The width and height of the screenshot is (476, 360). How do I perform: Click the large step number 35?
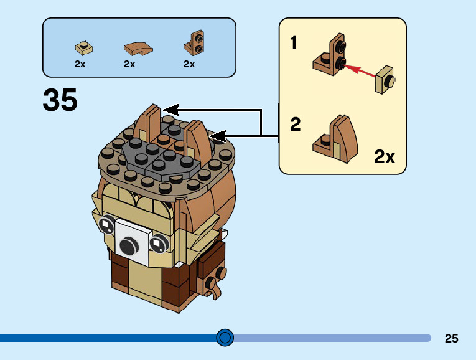[x=60, y=100]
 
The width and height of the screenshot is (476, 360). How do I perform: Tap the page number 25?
[x=452, y=338]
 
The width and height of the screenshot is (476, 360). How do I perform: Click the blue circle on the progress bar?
[x=225, y=338]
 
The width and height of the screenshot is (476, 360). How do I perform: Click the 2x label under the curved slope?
[x=129, y=64]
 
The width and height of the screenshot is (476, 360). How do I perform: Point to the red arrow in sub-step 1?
[x=362, y=71]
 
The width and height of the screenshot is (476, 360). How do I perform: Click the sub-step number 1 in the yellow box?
[x=294, y=43]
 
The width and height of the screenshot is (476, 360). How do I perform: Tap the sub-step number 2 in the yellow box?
[x=296, y=125]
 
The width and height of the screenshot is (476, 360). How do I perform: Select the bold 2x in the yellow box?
[x=385, y=156]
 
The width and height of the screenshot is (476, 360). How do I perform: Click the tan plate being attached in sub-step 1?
[x=386, y=80]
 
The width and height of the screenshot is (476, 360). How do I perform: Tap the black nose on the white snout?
[x=129, y=246]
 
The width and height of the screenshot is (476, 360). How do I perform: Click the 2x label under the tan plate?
[x=80, y=64]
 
